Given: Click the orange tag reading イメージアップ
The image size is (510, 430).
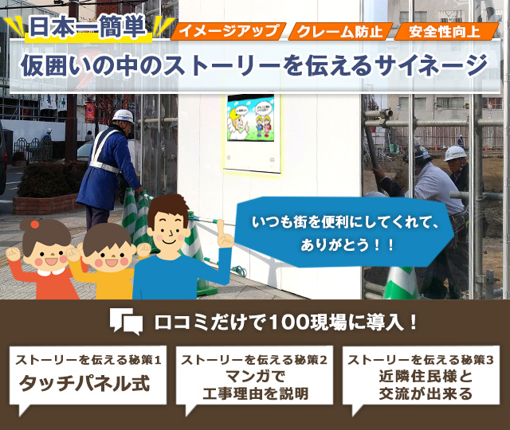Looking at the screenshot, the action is (x=229, y=31).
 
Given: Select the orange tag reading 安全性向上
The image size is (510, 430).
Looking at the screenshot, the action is (x=446, y=32).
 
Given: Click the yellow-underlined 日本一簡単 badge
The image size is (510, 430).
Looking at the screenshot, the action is (x=88, y=29).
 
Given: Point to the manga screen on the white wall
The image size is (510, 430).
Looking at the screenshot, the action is (x=250, y=118).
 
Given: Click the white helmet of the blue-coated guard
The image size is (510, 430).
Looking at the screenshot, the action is (x=124, y=116).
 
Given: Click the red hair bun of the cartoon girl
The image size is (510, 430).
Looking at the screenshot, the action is (x=34, y=224).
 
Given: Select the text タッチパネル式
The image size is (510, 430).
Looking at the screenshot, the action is (x=84, y=384).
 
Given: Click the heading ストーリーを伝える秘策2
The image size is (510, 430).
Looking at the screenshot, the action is (x=254, y=360).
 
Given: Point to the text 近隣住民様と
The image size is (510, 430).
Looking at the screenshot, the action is (x=426, y=377).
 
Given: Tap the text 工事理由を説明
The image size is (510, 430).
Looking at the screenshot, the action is (x=255, y=393).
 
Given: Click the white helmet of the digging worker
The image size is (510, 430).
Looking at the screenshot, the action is (x=455, y=153).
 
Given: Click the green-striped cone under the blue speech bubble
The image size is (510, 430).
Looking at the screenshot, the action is (x=401, y=283).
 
